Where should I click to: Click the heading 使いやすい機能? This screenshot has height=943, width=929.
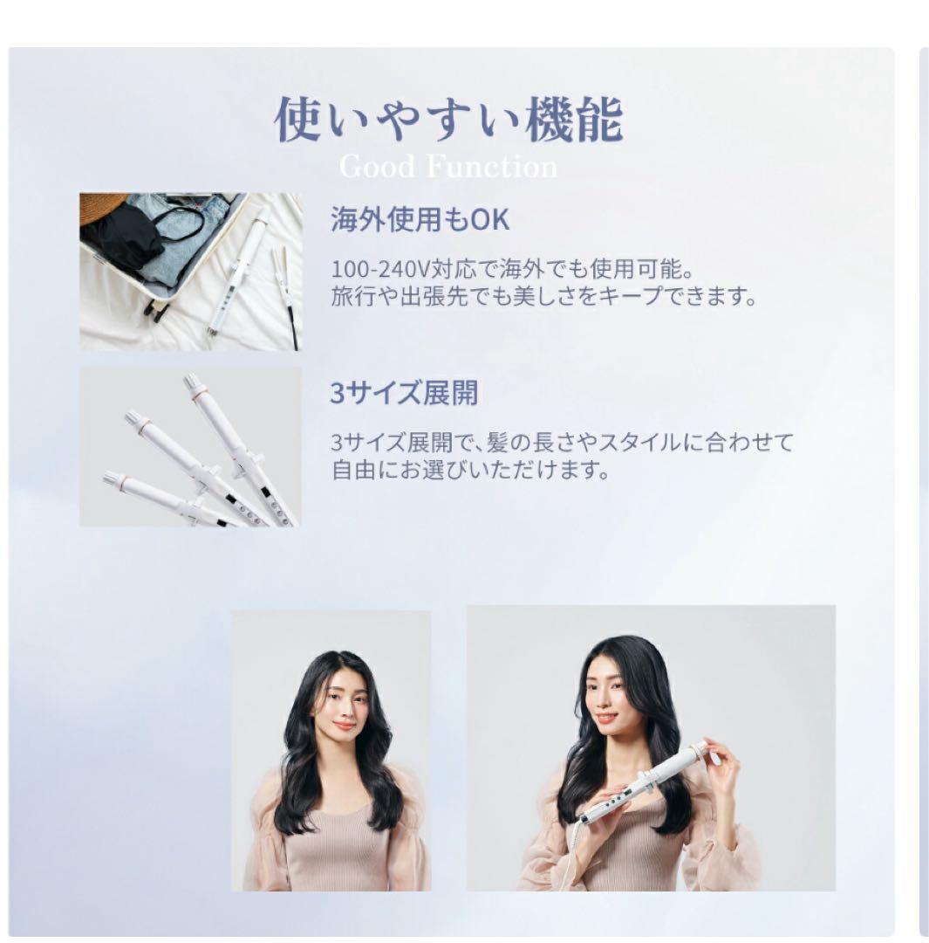(x=447, y=120)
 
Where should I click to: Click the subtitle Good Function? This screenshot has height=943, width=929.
(x=448, y=167)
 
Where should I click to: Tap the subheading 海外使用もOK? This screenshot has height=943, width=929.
(x=420, y=219)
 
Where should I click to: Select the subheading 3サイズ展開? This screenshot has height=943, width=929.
(x=404, y=393)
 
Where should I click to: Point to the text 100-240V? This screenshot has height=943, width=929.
(x=380, y=268)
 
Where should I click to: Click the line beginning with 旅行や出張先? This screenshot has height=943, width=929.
(x=543, y=296)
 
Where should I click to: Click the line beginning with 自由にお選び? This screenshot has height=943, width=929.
(x=471, y=469)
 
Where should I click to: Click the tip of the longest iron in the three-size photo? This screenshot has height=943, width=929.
(x=192, y=380)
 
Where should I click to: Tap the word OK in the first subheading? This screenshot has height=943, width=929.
(x=489, y=219)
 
